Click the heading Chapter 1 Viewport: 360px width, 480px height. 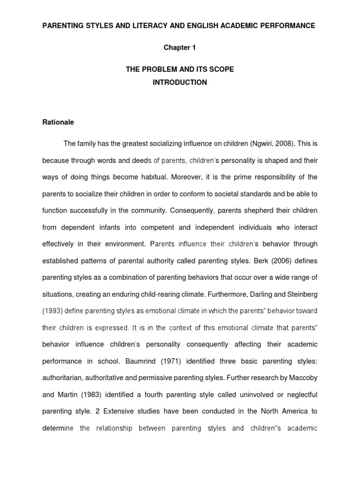180,48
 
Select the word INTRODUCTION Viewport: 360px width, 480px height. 180,82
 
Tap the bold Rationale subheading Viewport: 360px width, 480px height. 58,122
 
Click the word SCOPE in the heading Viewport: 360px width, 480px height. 222,69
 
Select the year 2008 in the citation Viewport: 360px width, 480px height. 276,143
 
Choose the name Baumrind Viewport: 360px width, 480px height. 157,361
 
